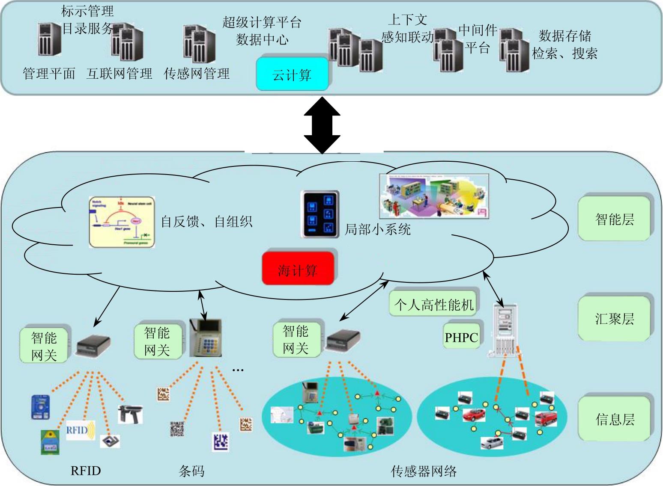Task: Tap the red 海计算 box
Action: pyautogui.click(x=298, y=269)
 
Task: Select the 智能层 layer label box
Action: pyautogui.click(x=614, y=219)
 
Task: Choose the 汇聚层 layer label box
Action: pyautogui.click(x=614, y=318)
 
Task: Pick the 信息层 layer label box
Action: pyautogui.click(x=614, y=419)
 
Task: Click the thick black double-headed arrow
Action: pyautogui.click(x=322, y=125)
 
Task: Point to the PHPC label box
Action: pyautogui.click(x=461, y=337)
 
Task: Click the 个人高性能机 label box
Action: pyautogui.click(x=434, y=305)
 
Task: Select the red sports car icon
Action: pyautogui.click(x=474, y=415)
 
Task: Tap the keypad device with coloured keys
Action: pyautogui.click(x=206, y=338)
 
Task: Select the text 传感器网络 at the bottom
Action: pyautogui.click(x=424, y=471)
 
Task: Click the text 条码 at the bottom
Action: pyautogui.click(x=191, y=471)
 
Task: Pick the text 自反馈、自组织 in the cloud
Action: pyautogui.click(x=206, y=222)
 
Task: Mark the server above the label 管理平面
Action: pyautogui.click(x=49, y=40)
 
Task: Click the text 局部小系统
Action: pyautogui.click(x=378, y=229)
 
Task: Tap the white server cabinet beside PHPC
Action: pyautogui.click(x=503, y=330)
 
